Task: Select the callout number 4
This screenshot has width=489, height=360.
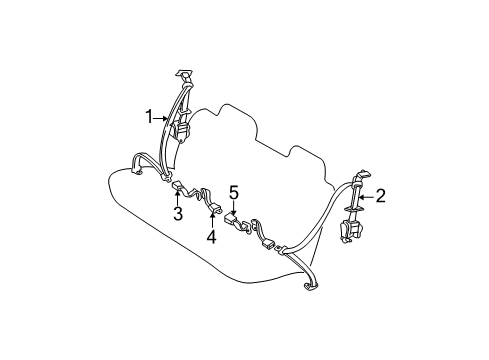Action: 212,237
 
